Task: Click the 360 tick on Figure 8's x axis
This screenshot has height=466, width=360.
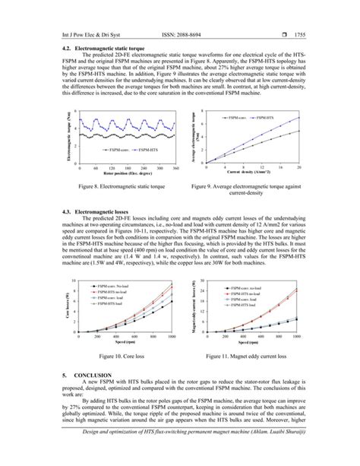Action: tap(175, 166)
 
